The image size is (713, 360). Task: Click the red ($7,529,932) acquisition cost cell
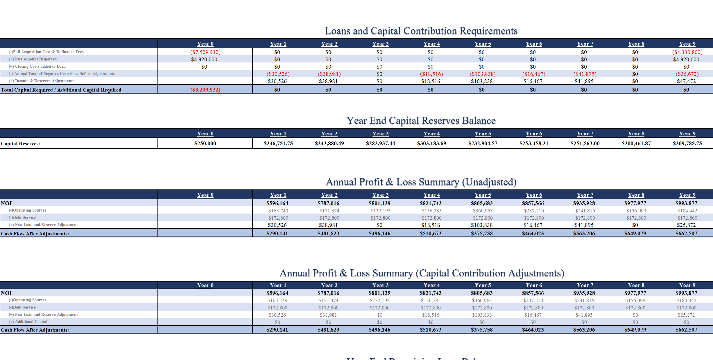pos(205,52)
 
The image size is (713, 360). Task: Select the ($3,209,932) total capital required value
pos(205,89)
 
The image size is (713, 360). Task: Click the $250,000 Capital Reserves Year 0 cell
pos(205,143)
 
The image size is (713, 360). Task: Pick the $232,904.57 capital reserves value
pos(483,143)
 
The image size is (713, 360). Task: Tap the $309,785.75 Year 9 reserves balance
pos(687,143)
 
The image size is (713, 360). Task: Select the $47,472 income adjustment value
pos(686,81)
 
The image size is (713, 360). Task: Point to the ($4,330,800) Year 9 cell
pos(687,52)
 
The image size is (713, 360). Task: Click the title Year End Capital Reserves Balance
pos(421,120)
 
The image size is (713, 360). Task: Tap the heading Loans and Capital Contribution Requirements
pos(421,31)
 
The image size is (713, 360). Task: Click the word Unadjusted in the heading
pos(489,182)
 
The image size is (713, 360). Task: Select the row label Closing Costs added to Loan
pos(40,66)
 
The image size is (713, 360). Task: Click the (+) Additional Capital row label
pos(31,322)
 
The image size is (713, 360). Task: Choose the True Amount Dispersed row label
pos(35,59)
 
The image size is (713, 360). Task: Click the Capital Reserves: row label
pos(20,144)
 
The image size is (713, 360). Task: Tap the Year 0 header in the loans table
pos(205,44)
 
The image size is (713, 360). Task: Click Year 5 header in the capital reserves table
pos(483,134)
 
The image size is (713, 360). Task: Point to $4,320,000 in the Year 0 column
pos(204,59)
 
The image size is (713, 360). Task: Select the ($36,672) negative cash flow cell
pos(687,74)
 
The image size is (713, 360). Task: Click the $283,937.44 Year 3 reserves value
pos(380,143)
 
